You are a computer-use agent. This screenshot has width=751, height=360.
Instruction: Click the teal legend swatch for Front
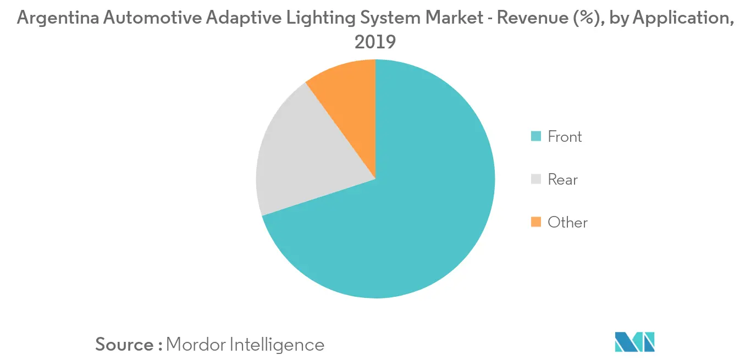coord(535,136)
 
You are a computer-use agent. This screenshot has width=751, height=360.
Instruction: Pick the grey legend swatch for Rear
coord(535,179)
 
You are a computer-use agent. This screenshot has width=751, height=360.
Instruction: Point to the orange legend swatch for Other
coord(535,222)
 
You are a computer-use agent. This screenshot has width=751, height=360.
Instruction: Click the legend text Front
coord(565,136)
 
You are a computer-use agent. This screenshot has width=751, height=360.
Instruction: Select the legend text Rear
coord(562,179)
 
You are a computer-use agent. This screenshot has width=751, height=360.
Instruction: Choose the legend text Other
coord(567,222)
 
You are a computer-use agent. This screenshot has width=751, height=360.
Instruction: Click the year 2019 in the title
coord(375,41)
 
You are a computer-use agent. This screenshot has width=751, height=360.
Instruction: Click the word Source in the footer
coord(125,345)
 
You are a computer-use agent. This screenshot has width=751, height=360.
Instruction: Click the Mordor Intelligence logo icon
coord(635,341)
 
